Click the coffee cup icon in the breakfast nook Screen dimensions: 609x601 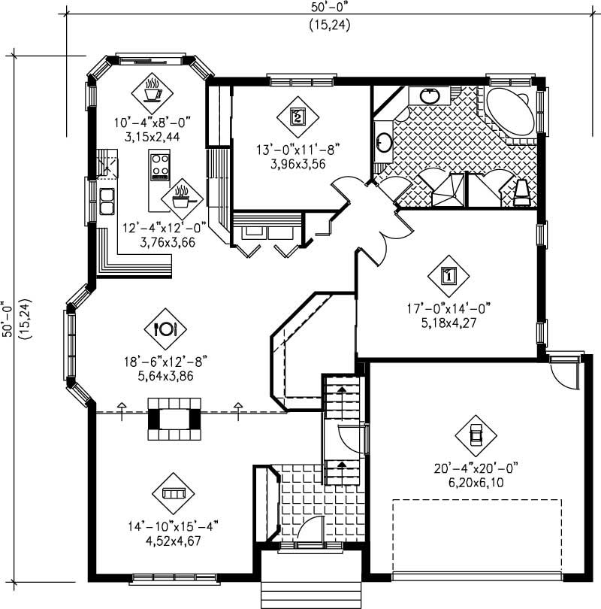coord(153,92)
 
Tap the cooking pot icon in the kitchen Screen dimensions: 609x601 coord(180,198)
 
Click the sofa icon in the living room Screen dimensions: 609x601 coord(174,492)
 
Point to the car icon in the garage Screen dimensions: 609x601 coord(476,436)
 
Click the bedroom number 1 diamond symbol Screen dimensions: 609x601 coord(448,275)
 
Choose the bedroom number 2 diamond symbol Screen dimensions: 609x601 coord(297,117)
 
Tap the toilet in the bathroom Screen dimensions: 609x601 coord(522,192)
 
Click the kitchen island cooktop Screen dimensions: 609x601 coord(160,166)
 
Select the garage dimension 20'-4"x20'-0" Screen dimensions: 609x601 coord(476,468)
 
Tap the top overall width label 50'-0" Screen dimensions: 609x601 coord(329,8)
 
